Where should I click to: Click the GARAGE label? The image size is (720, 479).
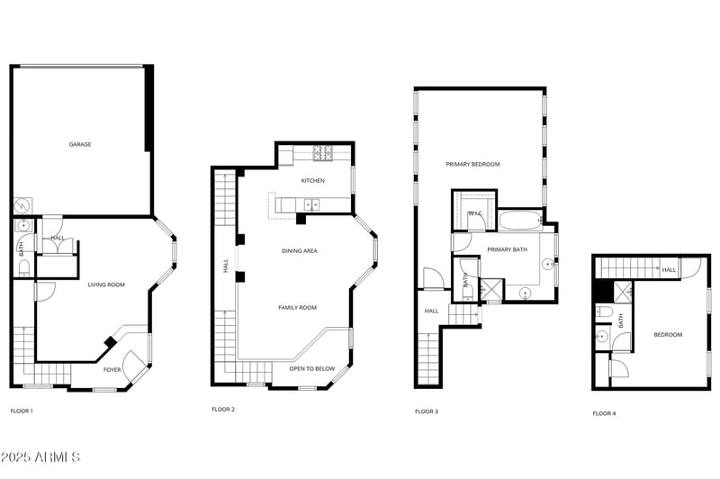(x=80, y=144)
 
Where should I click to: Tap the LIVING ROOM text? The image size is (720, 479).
(x=106, y=285)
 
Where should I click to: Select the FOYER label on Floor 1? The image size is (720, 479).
(x=112, y=369)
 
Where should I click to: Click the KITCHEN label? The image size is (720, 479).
(x=313, y=180)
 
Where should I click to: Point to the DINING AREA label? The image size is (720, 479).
(x=300, y=250)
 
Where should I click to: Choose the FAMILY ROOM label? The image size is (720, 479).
(x=297, y=307)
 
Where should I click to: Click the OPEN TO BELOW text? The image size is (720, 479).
(x=312, y=368)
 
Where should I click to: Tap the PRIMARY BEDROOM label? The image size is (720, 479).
(x=472, y=164)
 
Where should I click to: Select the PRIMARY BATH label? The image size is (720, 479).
(x=506, y=249)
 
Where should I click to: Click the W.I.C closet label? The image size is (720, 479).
(x=475, y=213)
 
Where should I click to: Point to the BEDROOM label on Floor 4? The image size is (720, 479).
(x=668, y=334)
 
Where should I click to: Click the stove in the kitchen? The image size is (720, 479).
(x=323, y=153)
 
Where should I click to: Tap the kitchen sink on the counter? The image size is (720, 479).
(x=312, y=204)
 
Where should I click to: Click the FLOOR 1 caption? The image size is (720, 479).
(x=22, y=411)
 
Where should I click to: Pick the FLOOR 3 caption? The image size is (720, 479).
(x=427, y=411)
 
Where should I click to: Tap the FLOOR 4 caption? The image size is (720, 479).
(x=604, y=413)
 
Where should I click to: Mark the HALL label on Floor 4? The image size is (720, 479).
(x=669, y=269)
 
